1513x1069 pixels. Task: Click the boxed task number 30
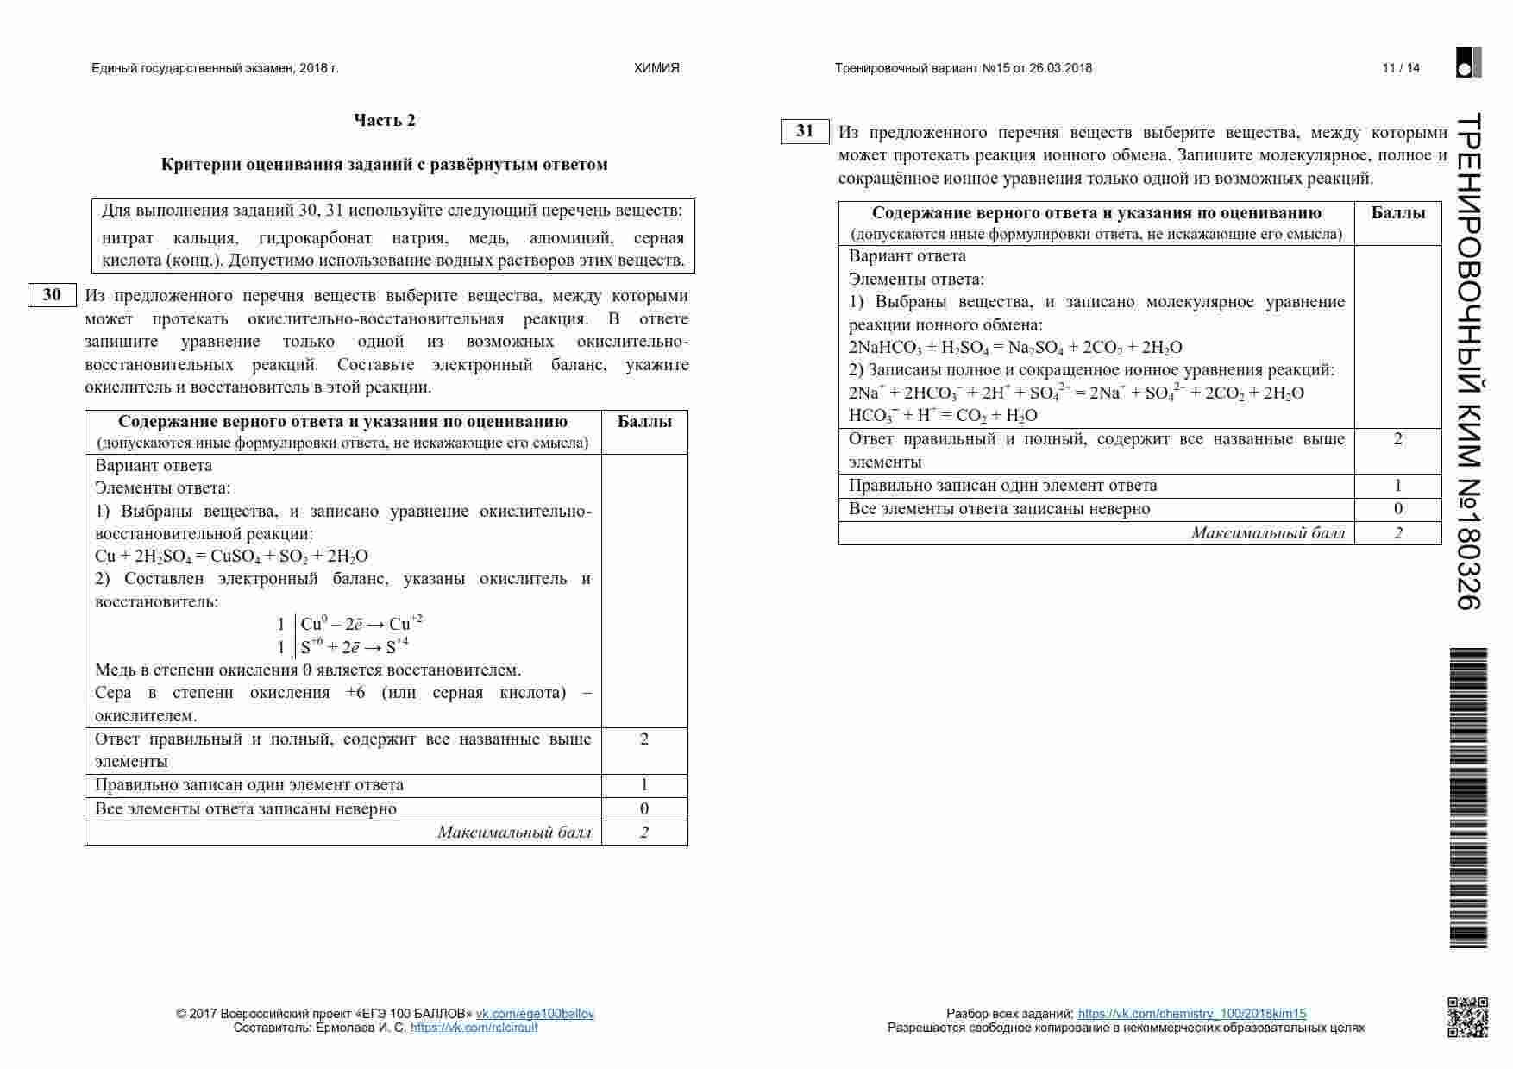pos(52,295)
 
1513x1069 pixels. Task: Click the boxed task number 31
pos(805,131)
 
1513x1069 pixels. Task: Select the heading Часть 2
pos(385,120)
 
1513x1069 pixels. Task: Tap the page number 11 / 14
pos(1400,68)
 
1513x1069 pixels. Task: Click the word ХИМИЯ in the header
pos(656,68)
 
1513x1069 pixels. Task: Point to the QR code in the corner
pos(1467,1016)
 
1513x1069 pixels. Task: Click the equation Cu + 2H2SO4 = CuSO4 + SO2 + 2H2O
pos(231,557)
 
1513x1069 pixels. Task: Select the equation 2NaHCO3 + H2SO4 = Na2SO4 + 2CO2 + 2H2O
pos(1015,348)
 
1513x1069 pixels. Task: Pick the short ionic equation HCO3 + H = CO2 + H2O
pos(943,415)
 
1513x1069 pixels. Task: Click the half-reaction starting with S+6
pos(355,647)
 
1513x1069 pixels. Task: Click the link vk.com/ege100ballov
pos(535,1014)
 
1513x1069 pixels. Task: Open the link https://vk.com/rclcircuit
pos(474,1028)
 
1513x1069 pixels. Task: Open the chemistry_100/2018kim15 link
pos(1192,1014)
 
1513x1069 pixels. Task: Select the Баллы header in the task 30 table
pos(644,422)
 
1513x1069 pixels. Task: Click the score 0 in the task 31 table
pos(1397,509)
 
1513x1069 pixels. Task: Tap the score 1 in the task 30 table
pos(644,785)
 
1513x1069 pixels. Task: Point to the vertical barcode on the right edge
pos(1467,798)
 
